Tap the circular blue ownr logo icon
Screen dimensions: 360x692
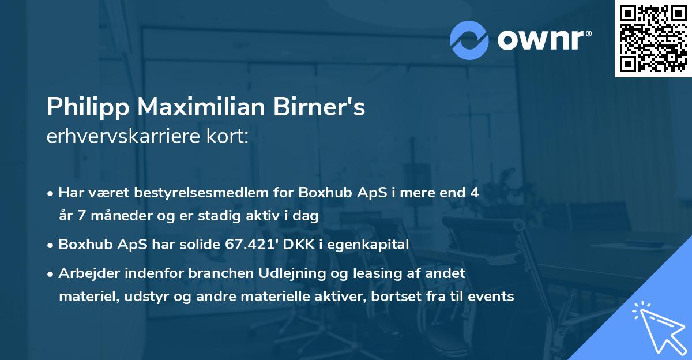[x=469, y=40]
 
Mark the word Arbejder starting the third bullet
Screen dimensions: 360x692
[x=84, y=273]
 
